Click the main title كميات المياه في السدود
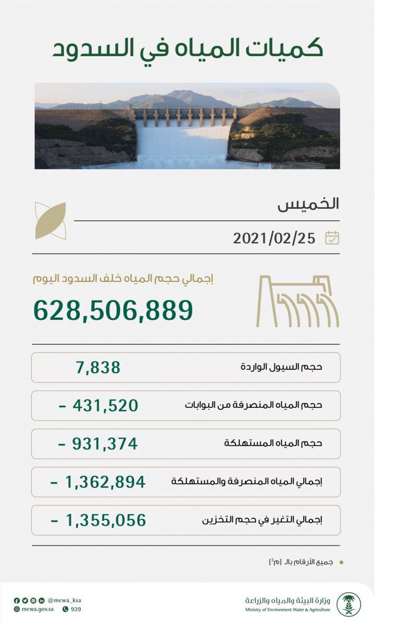click(x=187, y=48)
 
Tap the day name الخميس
click(x=308, y=204)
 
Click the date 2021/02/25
click(x=274, y=238)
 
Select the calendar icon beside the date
click(x=332, y=238)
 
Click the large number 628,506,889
click(x=113, y=310)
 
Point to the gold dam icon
click(x=297, y=302)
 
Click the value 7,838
click(x=98, y=367)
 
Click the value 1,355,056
click(x=98, y=520)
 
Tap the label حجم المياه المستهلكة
click(x=273, y=444)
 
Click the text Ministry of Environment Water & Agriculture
click(x=287, y=609)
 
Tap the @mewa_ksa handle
click(x=64, y=600)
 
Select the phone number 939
click(x=76, y=609)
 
